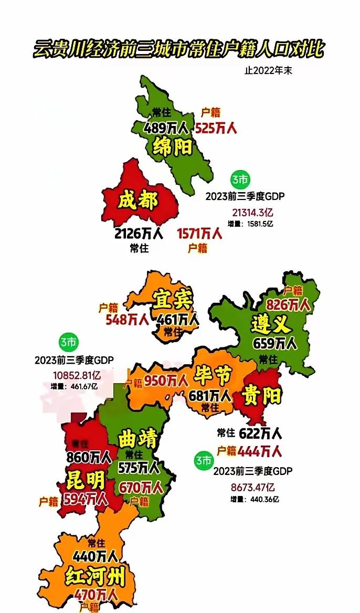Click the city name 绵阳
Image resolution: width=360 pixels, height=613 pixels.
(x=172, y=146)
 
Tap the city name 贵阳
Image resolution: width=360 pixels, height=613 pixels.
(x=262, y=395)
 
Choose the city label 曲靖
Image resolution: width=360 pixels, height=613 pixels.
(x=138, y=439)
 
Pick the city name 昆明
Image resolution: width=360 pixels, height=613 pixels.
(x=86, y=479)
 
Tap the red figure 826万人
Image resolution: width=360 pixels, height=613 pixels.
(x=288, y=304)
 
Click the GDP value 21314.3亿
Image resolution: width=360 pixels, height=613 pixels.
(x=252, y=213)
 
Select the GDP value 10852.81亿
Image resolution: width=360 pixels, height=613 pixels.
(x=77, y=375)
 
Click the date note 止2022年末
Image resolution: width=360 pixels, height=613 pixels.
(x=268, y=71)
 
